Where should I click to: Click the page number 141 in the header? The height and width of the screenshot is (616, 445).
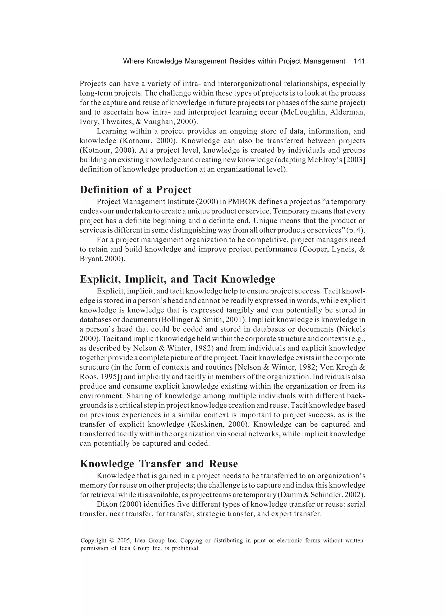coord(359,61)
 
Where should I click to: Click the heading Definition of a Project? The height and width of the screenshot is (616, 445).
coord(135,190)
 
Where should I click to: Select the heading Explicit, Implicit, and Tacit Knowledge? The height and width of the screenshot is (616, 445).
coord(177,279)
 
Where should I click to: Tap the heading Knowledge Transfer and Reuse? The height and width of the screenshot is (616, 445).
coord(159,463)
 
